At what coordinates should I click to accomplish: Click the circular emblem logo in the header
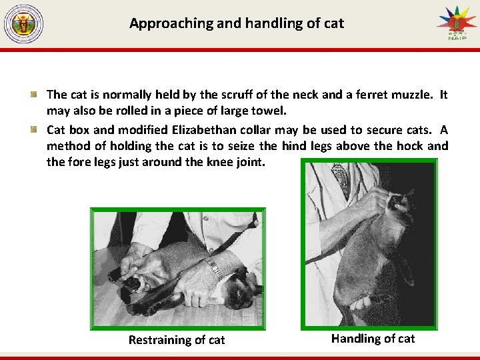(23, 23)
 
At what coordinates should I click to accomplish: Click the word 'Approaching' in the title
(171, 23)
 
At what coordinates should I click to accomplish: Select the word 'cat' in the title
(334, 23)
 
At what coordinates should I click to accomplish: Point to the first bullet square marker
(34, 94)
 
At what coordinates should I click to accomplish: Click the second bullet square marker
(34, 129)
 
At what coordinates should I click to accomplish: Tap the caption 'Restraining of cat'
(177, 340)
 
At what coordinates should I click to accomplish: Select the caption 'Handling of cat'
(373, 339)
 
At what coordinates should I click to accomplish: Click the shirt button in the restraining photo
(206, 219)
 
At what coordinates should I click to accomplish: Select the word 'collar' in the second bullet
(255, 130)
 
